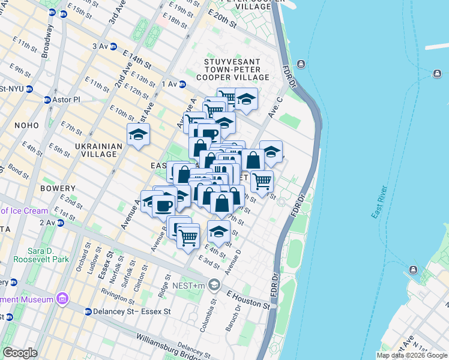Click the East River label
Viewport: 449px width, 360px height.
(x=379, y=202)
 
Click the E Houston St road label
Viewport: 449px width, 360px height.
(x=247, y=300)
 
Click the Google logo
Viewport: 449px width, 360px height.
(x=20, y=353)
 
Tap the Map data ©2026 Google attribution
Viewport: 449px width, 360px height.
(x=411, y=355)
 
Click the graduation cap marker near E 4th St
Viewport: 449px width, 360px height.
(x=219, y=231)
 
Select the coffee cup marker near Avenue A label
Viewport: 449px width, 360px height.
(x=163, y=205)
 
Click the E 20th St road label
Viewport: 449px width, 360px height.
(x=223, y=20)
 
